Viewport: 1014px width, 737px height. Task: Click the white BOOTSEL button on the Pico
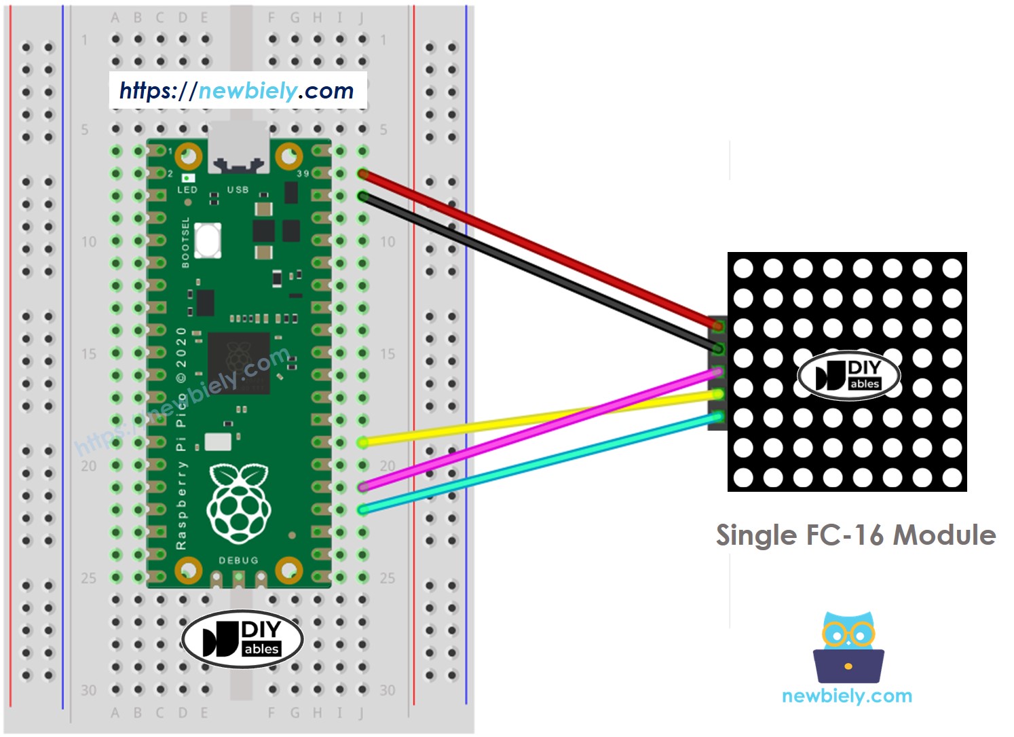point(207,240)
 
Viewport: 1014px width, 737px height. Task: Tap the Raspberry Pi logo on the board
point(238,503)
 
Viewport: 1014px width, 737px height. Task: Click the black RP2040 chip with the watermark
point(238,363)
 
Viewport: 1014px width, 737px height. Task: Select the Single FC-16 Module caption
point(855,535)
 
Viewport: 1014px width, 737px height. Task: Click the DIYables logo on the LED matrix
point(848,375)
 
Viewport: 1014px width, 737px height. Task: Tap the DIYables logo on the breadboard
point(242,638)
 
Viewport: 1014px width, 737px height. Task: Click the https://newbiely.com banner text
point(237,90)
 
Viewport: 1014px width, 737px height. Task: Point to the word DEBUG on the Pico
point(238,560)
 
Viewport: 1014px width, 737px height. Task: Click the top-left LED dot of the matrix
point(743,268)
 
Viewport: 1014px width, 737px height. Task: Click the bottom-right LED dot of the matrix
point(952,478)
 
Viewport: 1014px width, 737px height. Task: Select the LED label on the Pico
point(187,190)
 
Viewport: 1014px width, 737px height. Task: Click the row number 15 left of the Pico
point(88,354)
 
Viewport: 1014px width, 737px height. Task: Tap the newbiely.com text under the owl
point(846,696)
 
